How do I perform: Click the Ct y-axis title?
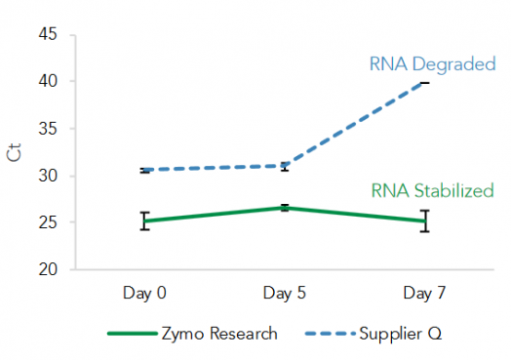tap(15, 153)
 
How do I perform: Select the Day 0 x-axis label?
tap(144, 292)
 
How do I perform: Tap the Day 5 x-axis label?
tap(284, 292)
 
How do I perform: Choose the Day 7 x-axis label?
tap(424, 292)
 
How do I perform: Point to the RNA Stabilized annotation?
tap(432, 191)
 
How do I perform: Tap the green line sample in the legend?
tap(131, 334)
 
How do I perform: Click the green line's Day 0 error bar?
tap(144, 220)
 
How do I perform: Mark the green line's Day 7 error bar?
tap(424, 221)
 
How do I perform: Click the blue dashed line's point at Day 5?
tap(284, 166)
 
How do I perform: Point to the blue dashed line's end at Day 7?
tap(424, 83)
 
